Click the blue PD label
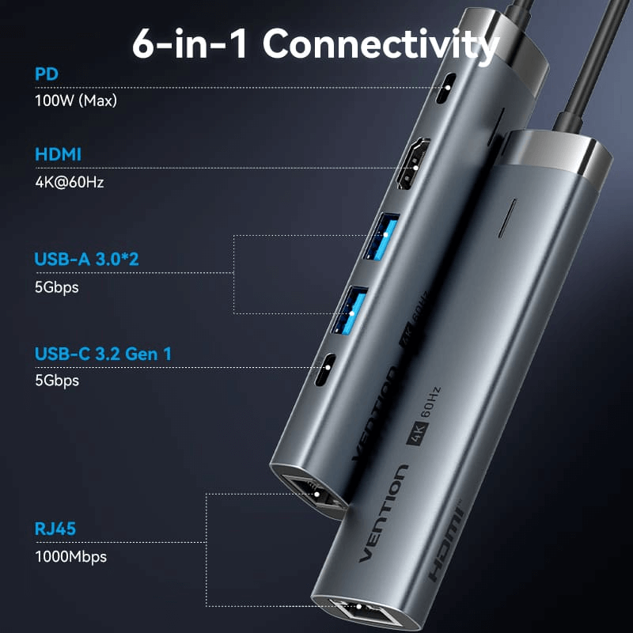coord(47,74)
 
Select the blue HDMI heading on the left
coord(58,154)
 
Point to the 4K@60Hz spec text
coord(70,181)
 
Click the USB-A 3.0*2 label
coord(86,260)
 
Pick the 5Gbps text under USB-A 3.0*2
coord(57,286)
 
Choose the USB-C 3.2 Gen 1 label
coord(103,353)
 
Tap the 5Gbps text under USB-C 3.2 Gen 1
coord(57,380)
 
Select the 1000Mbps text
coord(70,556)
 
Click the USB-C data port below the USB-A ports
coord(324,372)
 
